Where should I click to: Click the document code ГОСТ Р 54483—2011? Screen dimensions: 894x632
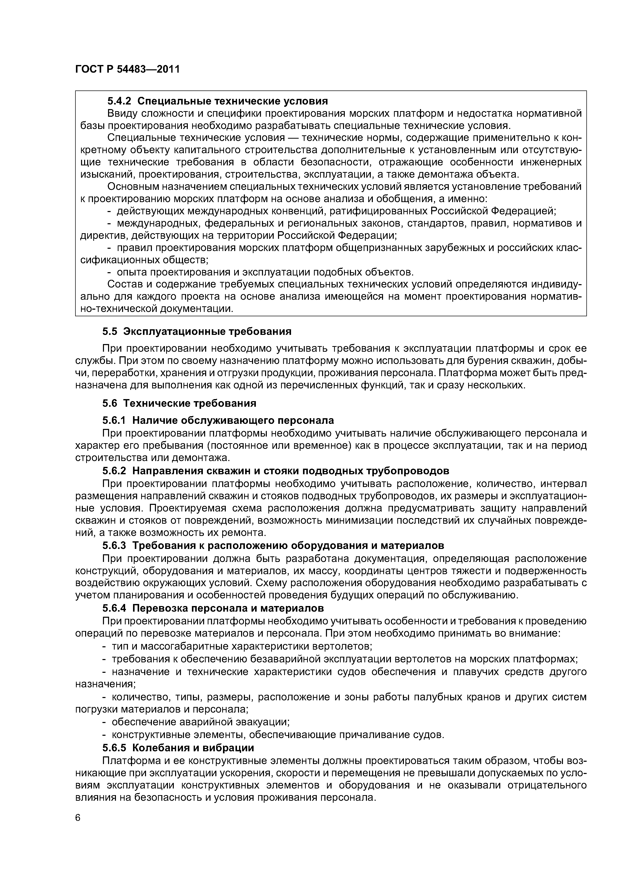[x=127, y=69]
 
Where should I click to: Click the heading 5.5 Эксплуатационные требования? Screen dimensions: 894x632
[x=197, y=331]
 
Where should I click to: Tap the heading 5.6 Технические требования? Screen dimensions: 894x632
[x=179, y=403]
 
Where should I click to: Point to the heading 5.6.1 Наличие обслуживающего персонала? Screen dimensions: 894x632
[x=218, y=420]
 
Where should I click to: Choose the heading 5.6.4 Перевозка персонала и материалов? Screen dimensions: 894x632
[x=213, y=608]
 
